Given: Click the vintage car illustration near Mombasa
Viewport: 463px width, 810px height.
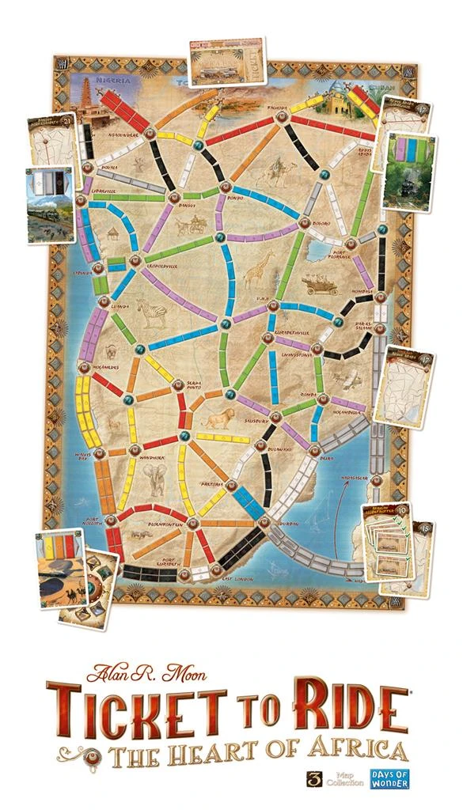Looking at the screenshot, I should coord(323,283).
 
